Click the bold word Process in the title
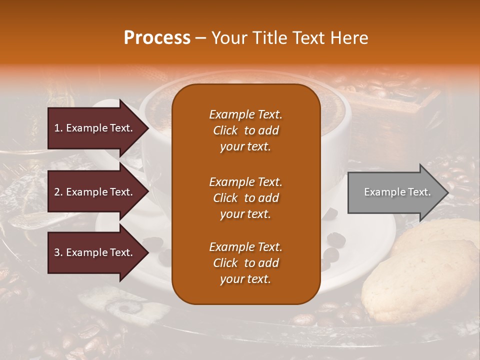click(157, 37)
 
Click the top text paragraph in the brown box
click(245, 130)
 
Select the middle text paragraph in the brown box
click(245, 198)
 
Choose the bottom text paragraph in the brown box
click(245, 263)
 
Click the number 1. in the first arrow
click(58, 128)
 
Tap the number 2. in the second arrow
click(58, 192)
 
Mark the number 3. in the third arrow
click(58, 252)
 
